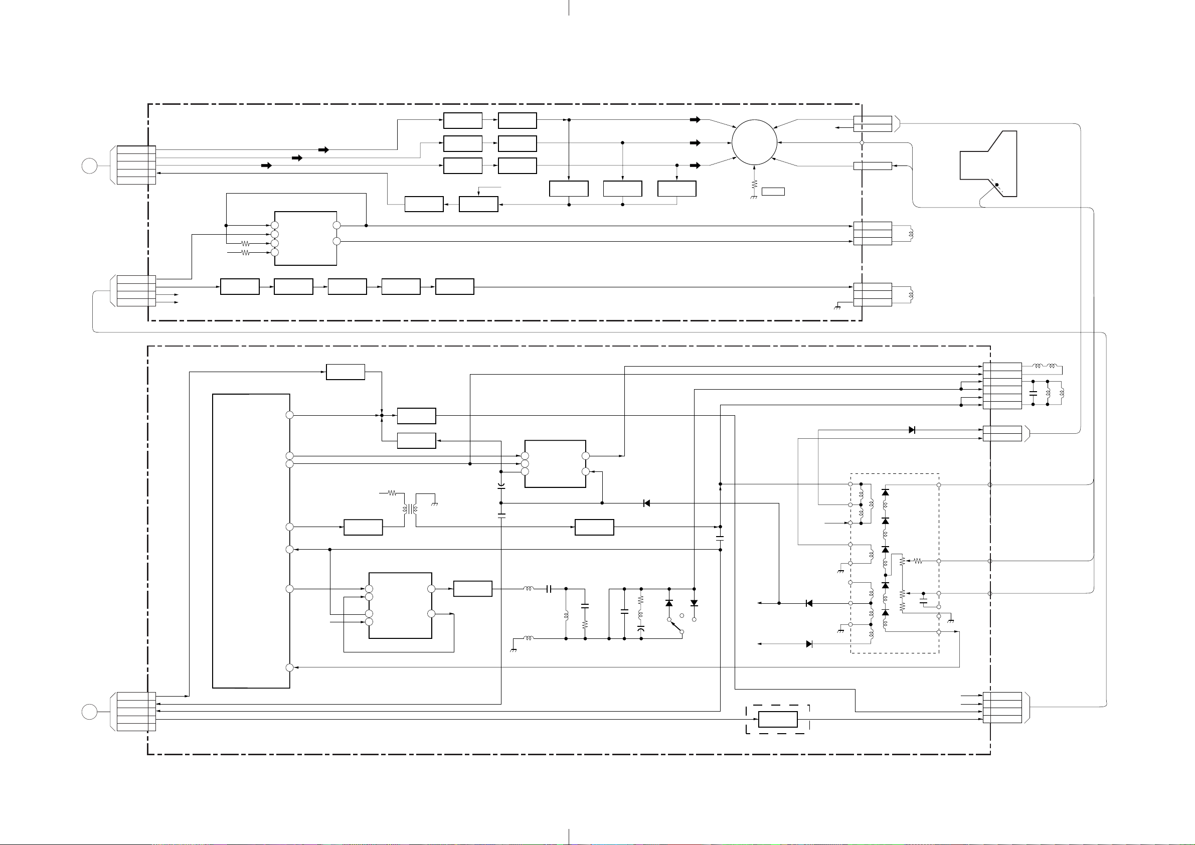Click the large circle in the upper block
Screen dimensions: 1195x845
pyautogui.click(x=754, y=142)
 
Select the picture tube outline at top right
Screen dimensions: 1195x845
pyautogui.click(x=989, y=164)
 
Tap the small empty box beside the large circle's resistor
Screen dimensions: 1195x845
pyautogui.click(x=773, y=192)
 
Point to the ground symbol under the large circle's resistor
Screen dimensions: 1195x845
pyautogui.click(x=754, y=197)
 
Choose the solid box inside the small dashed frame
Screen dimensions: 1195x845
pyautogui.click(x=778, y=719)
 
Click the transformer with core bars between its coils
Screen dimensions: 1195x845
pyautogui.click(x=411, y=509)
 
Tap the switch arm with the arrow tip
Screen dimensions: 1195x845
pyautogui.click(x=675, y=626)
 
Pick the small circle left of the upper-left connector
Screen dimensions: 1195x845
pyautogui.click(x=90, y=166)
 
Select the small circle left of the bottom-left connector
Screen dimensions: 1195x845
pyautogui.click(x=90, y=712)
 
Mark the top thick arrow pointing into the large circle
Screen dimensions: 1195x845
pyautogui.click(x=696, y=120)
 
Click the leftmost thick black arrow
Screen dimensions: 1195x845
pyautogui.click(x=266, y=165)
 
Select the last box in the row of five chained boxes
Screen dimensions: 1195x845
pyautogui.click(x=454, y=287)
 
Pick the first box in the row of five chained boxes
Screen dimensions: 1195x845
pyautogui.click(x=239, y=287)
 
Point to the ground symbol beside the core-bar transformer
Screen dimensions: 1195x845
pyautogui.click(x=435, y=504)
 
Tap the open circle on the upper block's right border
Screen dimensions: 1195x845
pyautogui.click(x=862, y=142)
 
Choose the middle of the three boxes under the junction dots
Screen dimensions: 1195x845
pyautogui.click(x=622, y=189)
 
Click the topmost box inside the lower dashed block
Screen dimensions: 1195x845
pyautogui.click(x=345, y=372)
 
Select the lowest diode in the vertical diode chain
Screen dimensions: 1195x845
pyautogui.click(x=885, y=613)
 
